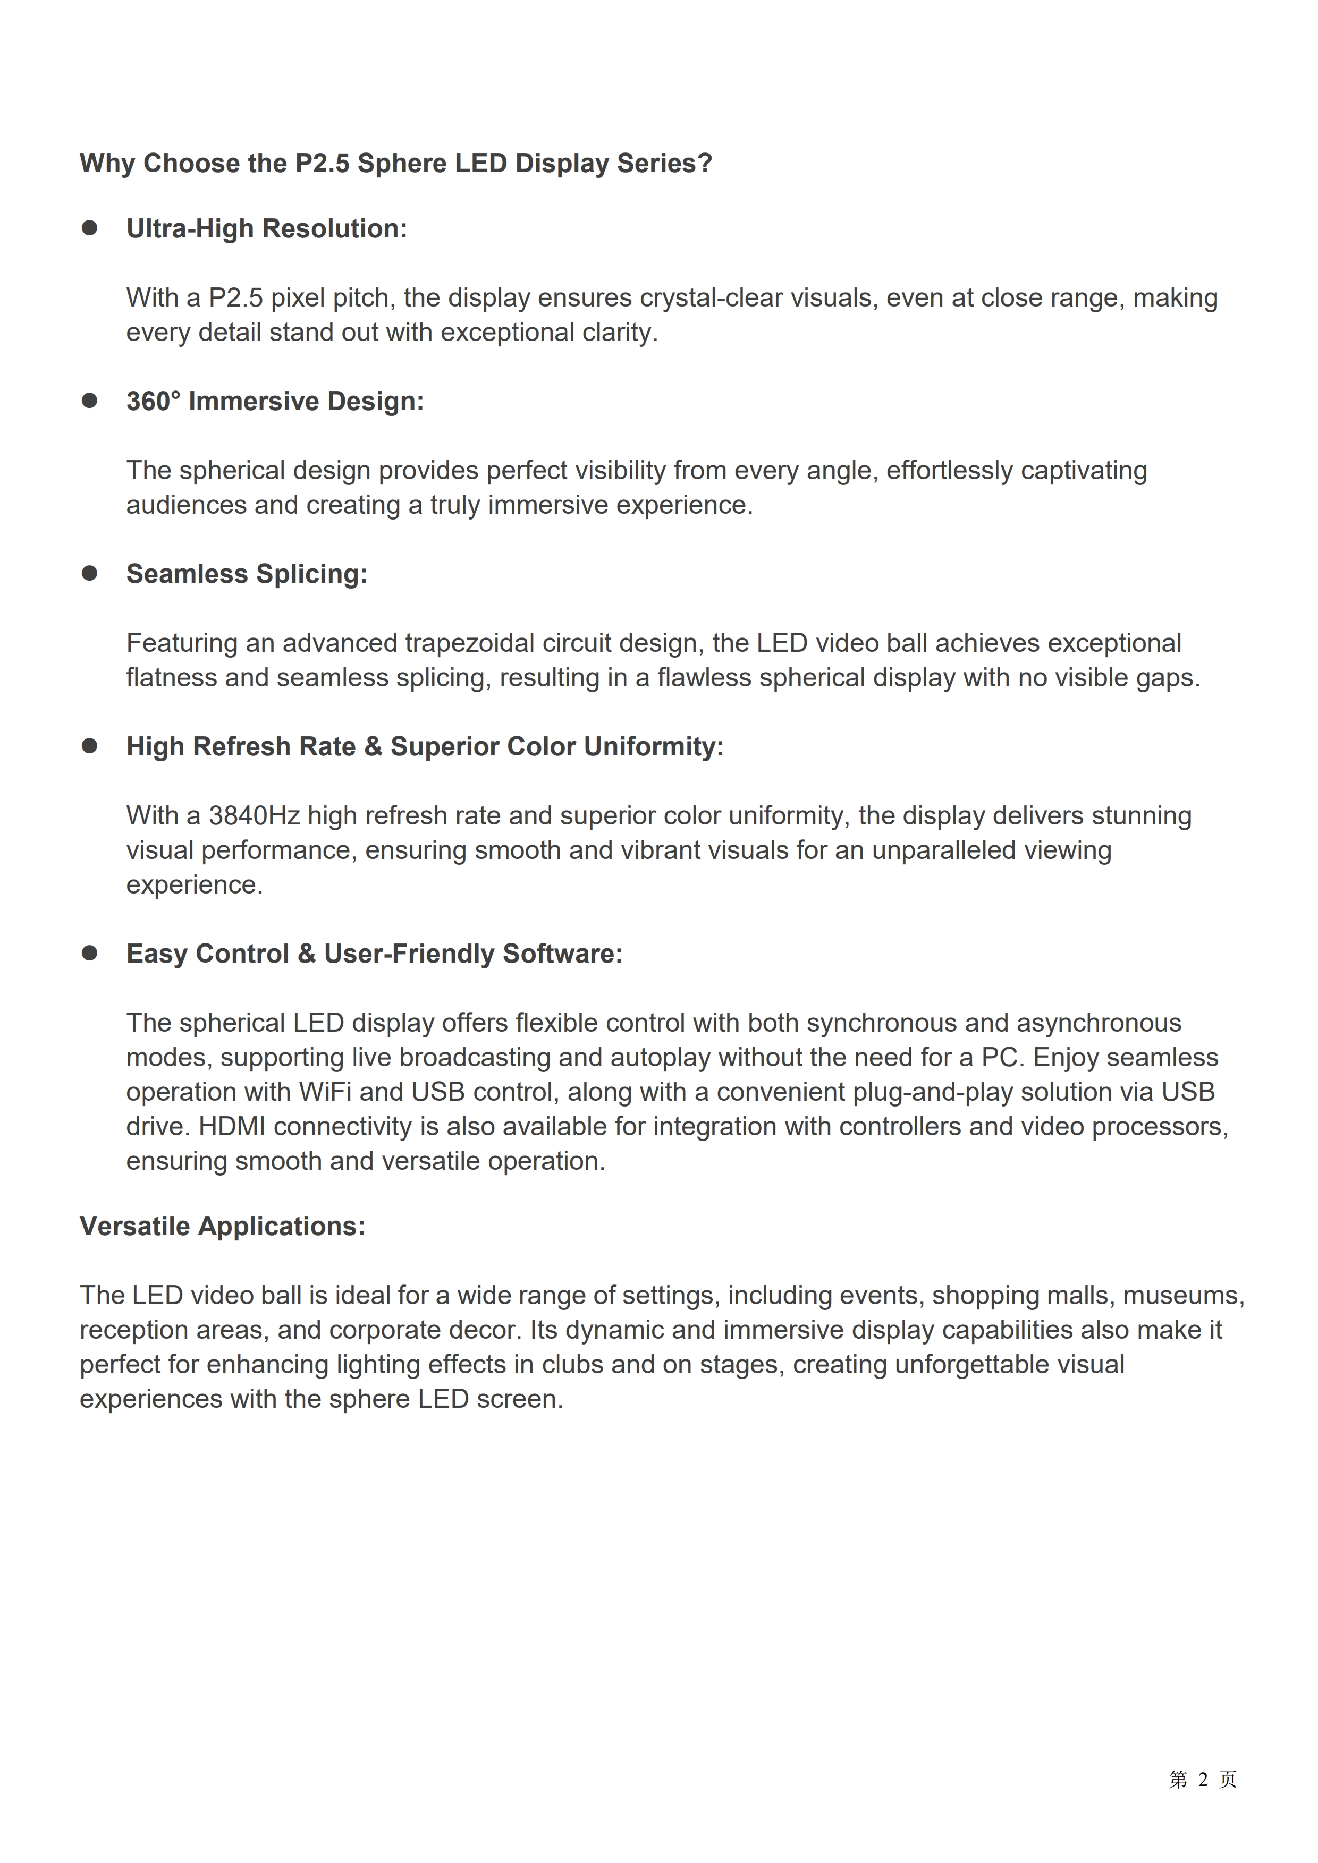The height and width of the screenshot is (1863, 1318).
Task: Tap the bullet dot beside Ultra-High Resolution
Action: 89,228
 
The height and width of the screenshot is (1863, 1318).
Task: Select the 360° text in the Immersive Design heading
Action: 154,401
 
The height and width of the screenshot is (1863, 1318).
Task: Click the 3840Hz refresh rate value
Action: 254,815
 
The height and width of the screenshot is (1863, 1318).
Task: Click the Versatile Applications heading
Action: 222,1226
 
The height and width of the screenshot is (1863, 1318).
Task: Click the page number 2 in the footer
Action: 1203,1780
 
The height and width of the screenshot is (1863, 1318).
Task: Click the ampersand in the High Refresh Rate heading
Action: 373,746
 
